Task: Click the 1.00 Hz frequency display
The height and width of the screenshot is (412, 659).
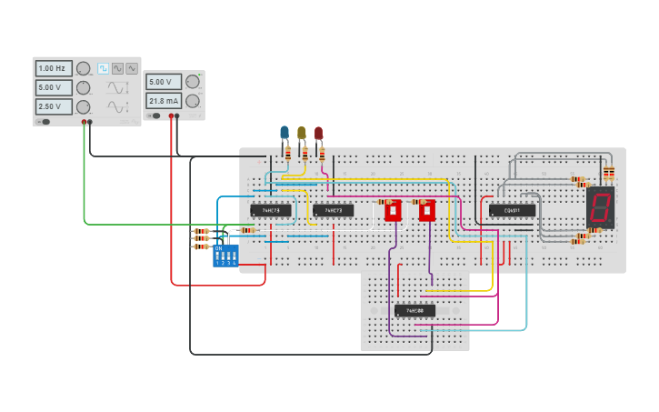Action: [x=54, y=68]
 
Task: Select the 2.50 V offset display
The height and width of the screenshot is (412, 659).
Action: [x=54, y=106]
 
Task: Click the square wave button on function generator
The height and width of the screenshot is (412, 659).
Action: [x=103, y=68]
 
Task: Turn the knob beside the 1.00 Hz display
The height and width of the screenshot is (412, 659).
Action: [x=83, y=68]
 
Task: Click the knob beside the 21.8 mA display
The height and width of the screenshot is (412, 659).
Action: [x=193, y=101]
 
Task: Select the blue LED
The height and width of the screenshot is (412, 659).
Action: [x=285, y=133]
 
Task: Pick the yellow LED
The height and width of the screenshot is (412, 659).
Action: [x=302, y=133]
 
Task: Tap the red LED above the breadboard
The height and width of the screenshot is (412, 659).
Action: [x=318, y=133]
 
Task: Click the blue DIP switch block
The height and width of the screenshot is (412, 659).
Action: [x=225, y=255]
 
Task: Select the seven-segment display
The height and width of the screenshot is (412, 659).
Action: [x=599, y=207]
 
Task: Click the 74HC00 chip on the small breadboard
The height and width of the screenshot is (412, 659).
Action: [x=414, y=310]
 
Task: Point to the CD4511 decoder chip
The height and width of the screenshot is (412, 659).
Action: [x=512, y=210]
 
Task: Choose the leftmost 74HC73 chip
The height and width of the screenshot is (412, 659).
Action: [x=271, y=210]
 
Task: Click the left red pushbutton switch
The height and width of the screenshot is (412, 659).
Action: [x=393, y=211]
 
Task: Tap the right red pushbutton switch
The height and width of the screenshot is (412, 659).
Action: [x=426, y=211]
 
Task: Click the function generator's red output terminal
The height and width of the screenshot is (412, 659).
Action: [x=84, y=122]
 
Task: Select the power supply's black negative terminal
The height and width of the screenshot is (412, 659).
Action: [x=176, y=116]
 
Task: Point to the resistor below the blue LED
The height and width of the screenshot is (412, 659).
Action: [x=288, y=154]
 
